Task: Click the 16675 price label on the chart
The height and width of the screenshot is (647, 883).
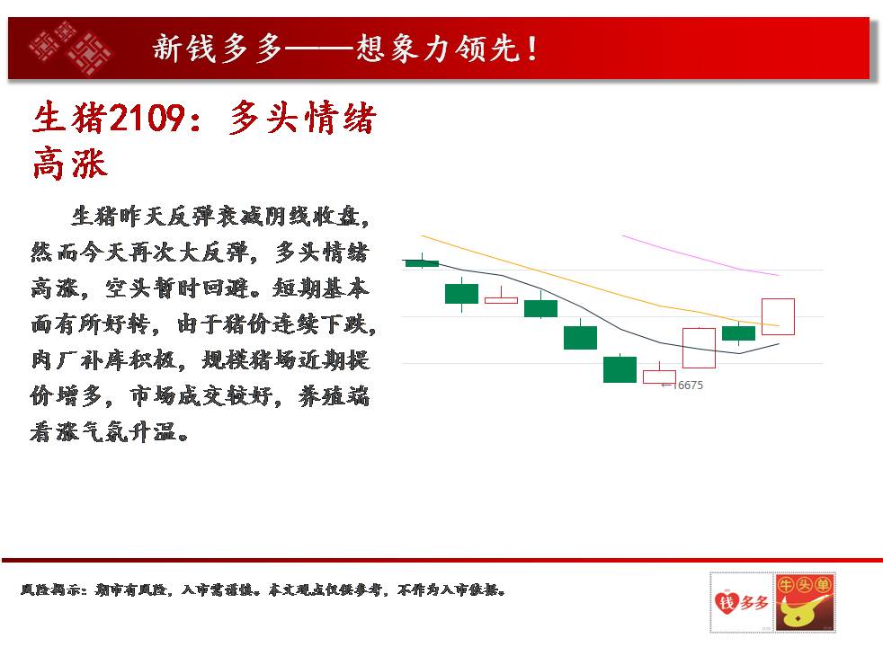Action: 688,386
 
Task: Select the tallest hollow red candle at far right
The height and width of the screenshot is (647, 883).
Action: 779,316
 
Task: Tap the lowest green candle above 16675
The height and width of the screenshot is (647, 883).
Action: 620,369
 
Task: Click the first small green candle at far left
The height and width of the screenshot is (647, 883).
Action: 422,262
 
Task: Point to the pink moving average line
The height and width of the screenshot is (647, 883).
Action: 700,256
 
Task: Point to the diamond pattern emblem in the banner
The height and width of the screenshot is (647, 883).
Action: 70,48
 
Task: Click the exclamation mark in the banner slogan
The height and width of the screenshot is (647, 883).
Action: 532,49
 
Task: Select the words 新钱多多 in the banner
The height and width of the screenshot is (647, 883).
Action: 218,49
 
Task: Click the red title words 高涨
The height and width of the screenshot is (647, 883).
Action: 70,164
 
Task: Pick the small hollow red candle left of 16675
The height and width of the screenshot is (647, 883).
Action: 659,376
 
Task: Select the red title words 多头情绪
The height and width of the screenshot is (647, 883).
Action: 302,118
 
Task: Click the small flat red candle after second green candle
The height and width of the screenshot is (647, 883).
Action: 501,298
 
